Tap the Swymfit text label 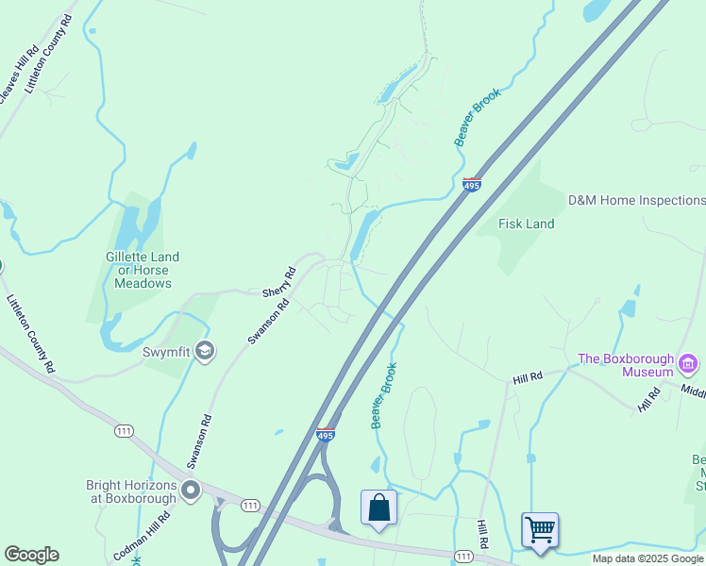pos(166,353)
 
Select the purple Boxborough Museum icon pos(688,363)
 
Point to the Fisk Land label pos(526,225)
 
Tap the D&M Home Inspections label pos(635,200)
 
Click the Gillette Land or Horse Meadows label pos(143,270)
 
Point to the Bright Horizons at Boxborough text pos(131,491)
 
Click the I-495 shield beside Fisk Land pos(473,184)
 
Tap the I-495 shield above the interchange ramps pos(326,435)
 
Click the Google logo pos(31,555)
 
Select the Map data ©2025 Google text pos(647,558)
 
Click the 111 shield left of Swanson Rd pos(122,431)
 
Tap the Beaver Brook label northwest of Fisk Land pos(477,117)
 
